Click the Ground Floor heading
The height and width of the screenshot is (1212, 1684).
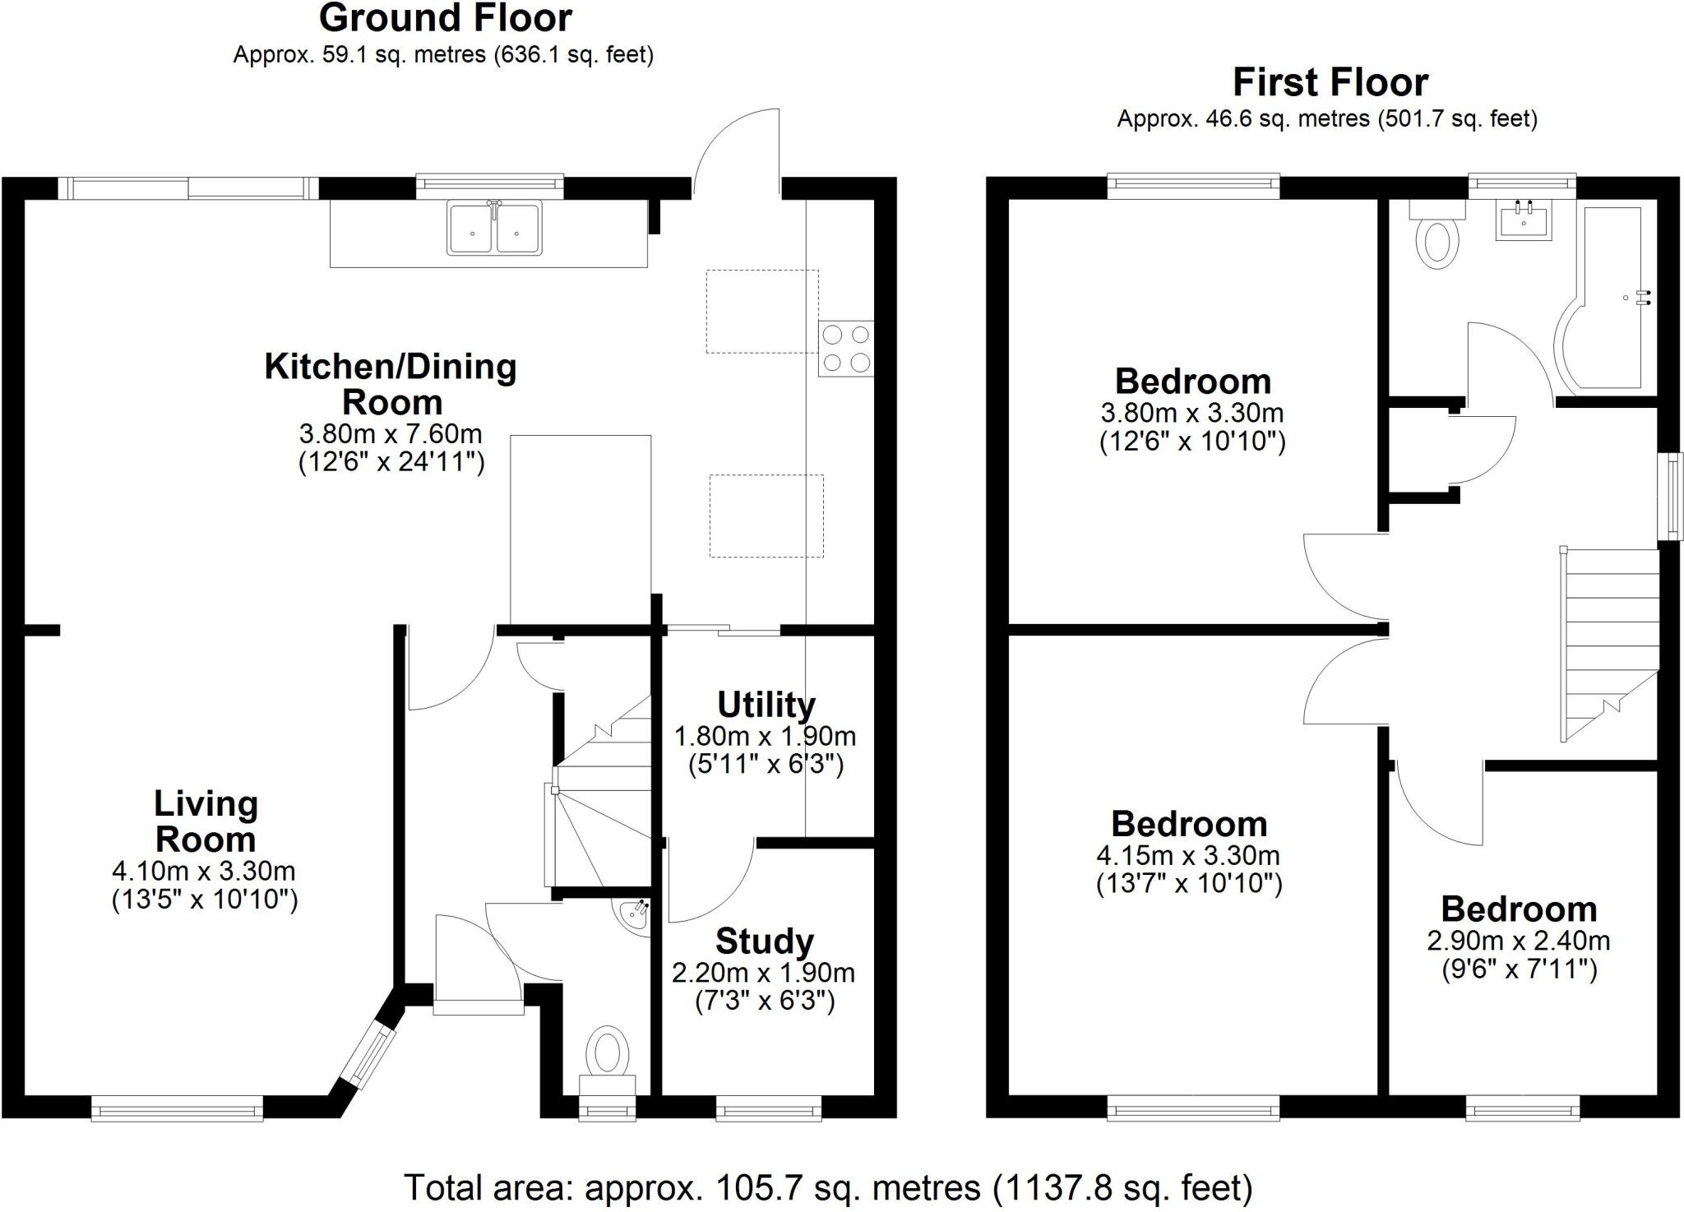[445, 18]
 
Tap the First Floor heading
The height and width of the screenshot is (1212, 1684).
[1330, 82]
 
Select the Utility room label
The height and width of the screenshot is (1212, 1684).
[766, 705]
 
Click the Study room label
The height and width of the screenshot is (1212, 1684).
[765, 941]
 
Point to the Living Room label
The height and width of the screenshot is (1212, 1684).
[206, 821]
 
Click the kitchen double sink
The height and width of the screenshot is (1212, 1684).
[494, 228]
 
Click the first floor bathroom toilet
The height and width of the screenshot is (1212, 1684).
[1437, 238]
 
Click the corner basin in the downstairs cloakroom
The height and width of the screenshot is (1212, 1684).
[636, 914]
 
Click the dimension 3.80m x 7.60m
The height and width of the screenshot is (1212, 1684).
[391, 433]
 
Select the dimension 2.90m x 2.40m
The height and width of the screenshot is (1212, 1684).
[1519, 940]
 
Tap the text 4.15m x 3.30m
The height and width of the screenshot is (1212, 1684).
[1188, 855]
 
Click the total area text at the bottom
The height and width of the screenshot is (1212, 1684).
[828, 1187]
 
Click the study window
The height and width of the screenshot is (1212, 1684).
[768, 1111]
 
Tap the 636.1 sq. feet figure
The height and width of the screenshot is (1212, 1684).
[573, 55]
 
